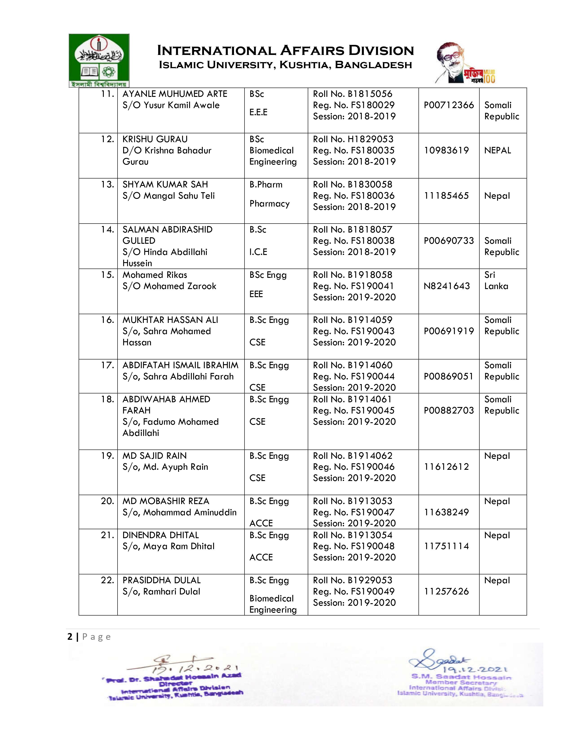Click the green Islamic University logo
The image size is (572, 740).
(x=99, y=60)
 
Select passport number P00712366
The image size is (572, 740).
(x=449, y=105)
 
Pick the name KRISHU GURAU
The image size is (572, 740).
(x=155, y=139)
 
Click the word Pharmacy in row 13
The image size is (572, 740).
(x=269, y=204)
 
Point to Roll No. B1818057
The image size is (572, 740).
(x=352, y=230)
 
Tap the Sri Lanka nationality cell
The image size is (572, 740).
(x=496, y=281)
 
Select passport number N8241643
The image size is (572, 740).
(x=447, y=286)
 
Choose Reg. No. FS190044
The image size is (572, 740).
(x=354, y=377)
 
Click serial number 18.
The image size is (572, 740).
(x=107, y=399)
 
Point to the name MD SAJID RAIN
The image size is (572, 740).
(x=155, y=456)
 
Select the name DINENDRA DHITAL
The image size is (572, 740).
(x=161, y=535)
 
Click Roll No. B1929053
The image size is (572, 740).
(x=352, y=580)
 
